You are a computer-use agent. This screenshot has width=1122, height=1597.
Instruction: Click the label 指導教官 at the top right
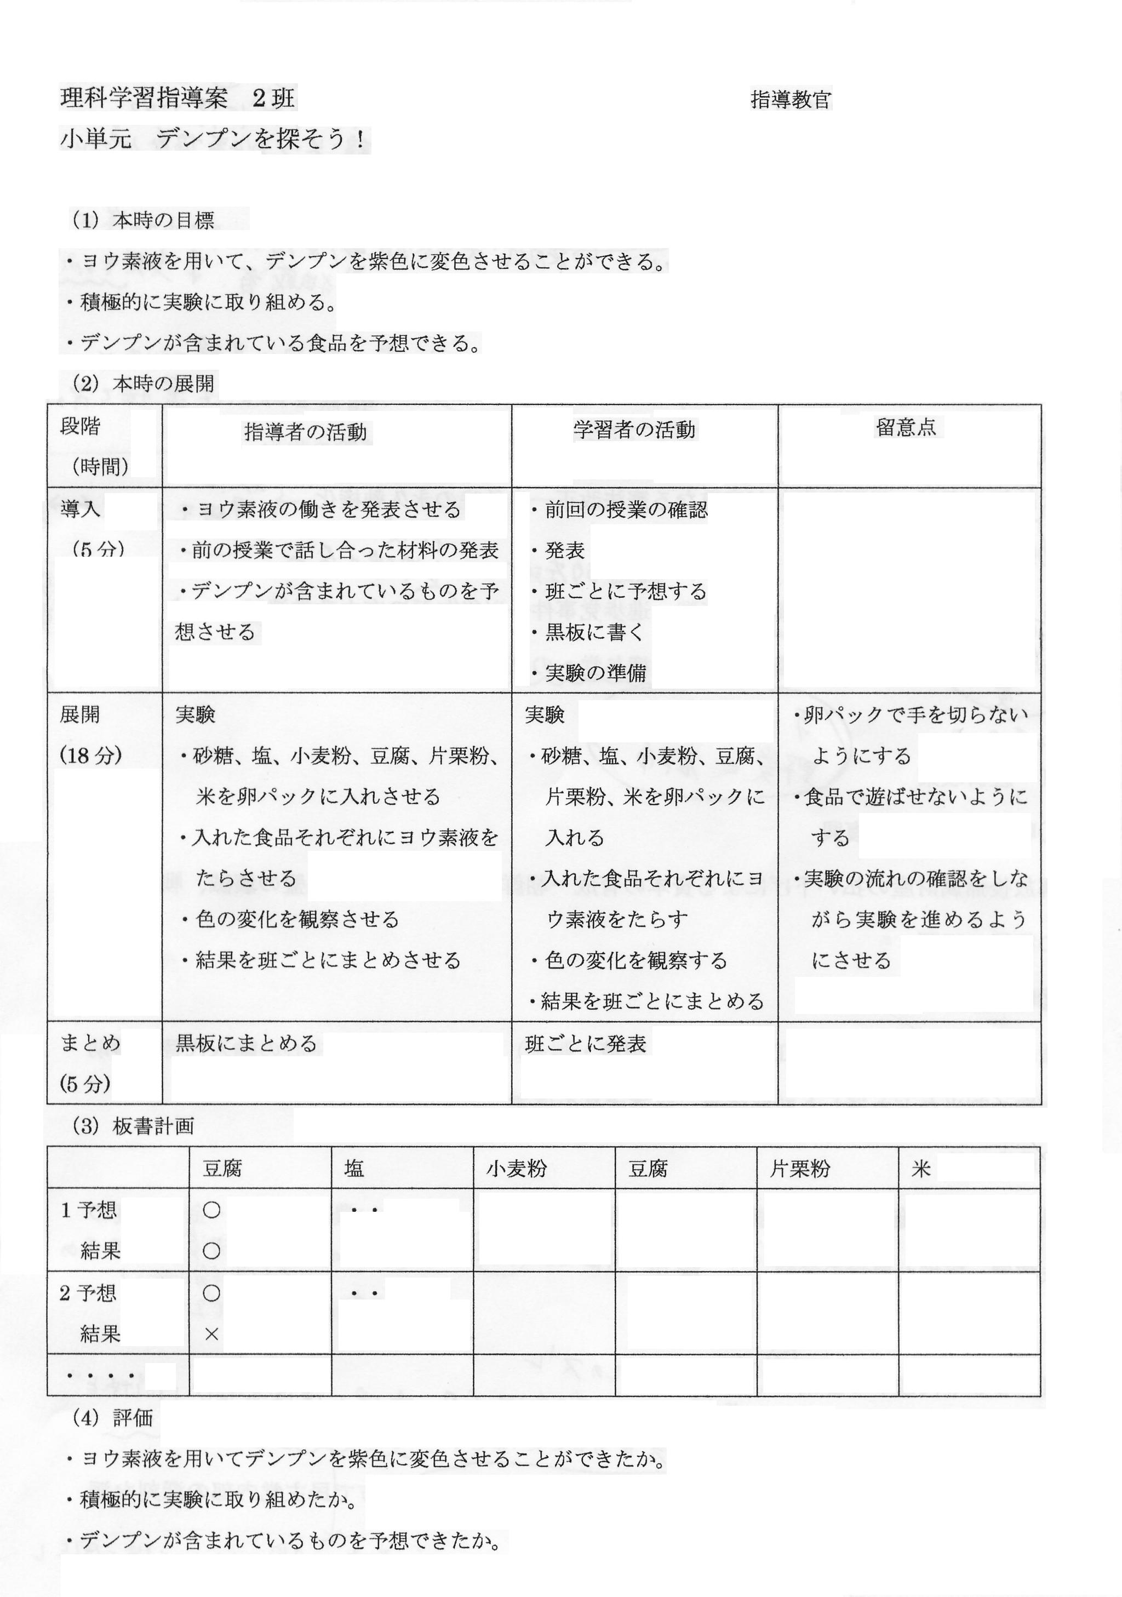click(x=791, y=100)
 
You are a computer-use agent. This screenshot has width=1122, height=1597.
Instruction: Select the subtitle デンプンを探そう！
click(x=260, y=140)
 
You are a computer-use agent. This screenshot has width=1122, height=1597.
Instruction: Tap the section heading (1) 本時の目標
click(x=144, y=220)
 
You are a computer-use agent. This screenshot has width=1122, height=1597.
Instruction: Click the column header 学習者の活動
click(x=634, y=431)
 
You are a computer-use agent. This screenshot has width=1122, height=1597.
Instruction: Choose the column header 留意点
click(x=906, y=427)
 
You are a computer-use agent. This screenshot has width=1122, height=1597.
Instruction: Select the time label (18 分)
click(x=91, y=755)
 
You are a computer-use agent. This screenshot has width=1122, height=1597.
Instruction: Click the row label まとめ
click(x=90, y=1043)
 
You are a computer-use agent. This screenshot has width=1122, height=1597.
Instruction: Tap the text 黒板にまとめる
click(x=246, y=1043)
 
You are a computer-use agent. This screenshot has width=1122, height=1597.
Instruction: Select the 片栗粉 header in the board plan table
click(x=800, y=1169)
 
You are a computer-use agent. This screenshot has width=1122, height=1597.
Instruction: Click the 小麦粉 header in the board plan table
click(x=517, y=1169)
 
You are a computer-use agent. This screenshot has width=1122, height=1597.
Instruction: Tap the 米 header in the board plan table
click(x=921, y=1169)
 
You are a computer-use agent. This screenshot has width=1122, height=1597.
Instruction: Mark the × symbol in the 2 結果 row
click(x=211, y=1334)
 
